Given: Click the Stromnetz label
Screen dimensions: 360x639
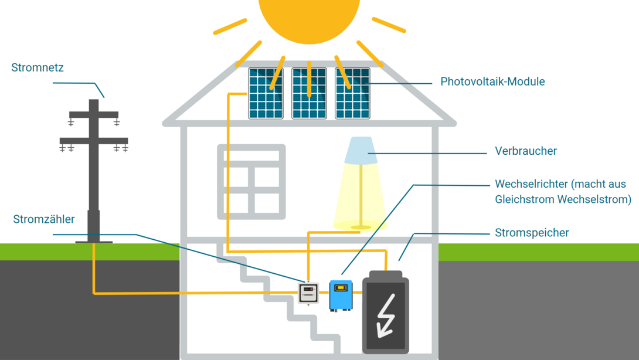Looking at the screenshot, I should coord(38,68).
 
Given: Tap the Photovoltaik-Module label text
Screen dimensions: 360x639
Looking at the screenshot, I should coord(492,82).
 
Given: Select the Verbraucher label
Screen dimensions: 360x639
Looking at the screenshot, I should coord(525,151).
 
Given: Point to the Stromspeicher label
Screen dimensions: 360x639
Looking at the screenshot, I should coord(531,233).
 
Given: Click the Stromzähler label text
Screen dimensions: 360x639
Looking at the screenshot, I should coord(44,220).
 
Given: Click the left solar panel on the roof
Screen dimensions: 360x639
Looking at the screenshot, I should coord(266,94).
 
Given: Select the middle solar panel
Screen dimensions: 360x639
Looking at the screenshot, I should coord(309,94).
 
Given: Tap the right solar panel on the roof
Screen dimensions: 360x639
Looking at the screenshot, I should coord(352,94).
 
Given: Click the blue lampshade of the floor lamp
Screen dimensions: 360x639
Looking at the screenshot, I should coord(361,151).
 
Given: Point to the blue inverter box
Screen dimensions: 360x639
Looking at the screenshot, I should coord(341,295).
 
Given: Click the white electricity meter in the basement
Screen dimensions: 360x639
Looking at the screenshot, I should coord(308,293).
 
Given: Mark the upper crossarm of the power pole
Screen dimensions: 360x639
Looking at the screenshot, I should coord(94,115).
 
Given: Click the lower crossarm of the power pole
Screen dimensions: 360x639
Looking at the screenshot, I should coord(94,141).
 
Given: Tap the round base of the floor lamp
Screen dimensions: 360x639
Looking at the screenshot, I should coord(361,227).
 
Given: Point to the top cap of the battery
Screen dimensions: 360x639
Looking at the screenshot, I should coord(386,274).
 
